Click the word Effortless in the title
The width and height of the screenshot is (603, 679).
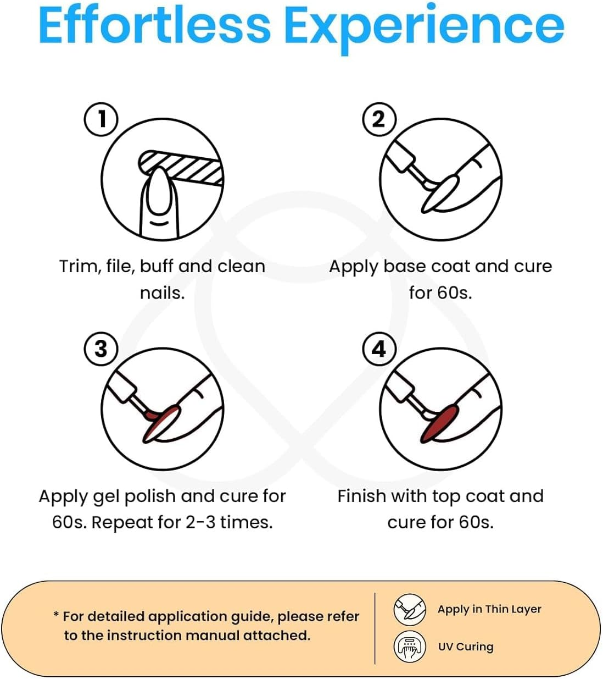point(155,26)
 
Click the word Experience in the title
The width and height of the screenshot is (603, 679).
point(424,29)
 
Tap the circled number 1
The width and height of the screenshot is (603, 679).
point(101,119)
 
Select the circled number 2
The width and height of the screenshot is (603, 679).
point(379,119)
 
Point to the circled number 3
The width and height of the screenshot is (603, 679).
point(101,349)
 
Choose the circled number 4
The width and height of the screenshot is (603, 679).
point(379,349)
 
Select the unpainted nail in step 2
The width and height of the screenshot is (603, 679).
point(439,195)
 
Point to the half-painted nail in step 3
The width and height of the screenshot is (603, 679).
point(161,424)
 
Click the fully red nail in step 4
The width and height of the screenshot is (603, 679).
point(439,424)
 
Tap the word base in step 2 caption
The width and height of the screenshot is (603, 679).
point(404,267)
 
